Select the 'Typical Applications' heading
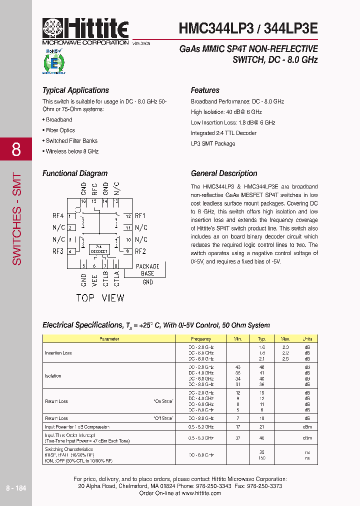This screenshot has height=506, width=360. click(75, 90)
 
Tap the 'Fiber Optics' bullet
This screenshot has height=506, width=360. click(60, 130)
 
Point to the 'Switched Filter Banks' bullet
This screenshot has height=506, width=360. click(71, 141)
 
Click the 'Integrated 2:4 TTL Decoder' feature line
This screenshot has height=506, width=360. click(223, 133)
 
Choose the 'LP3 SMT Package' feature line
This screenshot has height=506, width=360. click(212, 143)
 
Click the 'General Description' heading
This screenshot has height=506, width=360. click(224, 173)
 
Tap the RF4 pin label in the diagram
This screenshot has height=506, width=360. click(58, 216)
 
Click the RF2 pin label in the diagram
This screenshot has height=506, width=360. click(140, 251)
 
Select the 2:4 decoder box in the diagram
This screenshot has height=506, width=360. click(99, 249)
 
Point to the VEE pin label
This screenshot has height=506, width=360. click(94, 279)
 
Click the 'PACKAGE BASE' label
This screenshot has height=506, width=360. click(147, 270)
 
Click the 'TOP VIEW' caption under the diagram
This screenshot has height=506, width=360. click(100, 298)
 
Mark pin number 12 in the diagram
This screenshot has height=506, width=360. click(128, 216)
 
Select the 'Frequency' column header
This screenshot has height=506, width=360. click(201, 339)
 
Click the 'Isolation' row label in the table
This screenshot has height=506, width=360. click(53, 376)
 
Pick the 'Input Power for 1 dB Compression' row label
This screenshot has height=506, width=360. click(77, 427)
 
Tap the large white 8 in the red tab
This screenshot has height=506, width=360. click(16, 149)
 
